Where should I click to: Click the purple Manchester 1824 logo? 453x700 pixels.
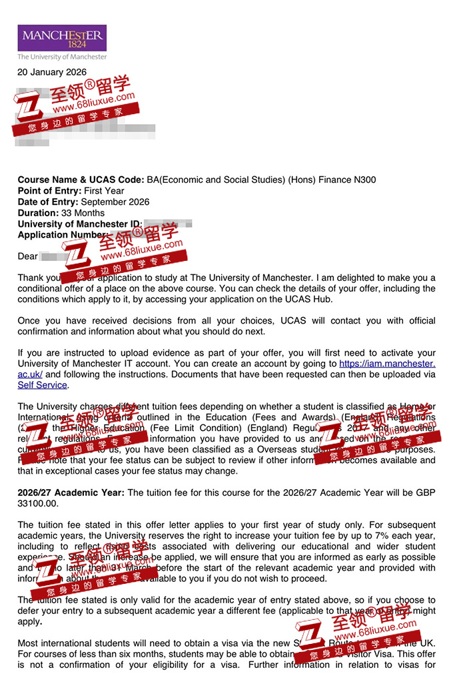(62, 39)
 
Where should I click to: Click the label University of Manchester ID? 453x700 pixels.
(79, 224)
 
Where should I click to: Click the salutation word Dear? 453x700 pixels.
(28, 256)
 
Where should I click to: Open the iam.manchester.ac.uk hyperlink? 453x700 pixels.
(387, 364)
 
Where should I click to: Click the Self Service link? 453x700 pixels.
(42, 385)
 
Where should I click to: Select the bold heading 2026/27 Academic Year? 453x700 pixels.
(71, 492)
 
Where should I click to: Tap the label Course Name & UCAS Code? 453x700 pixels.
(80, 180)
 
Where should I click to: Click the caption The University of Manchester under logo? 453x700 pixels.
(61, 57)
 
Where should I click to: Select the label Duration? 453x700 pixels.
(38, 213)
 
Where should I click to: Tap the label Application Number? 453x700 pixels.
(61, 235)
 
